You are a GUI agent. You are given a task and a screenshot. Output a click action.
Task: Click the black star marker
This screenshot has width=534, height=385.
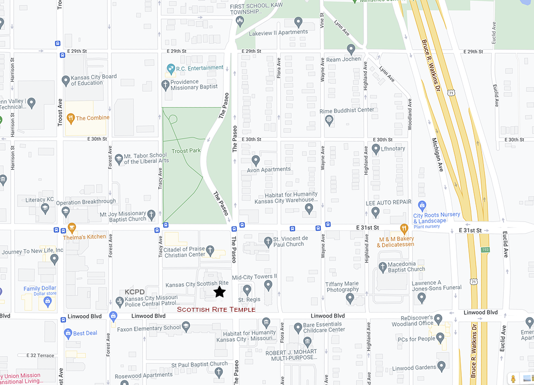[219, 291]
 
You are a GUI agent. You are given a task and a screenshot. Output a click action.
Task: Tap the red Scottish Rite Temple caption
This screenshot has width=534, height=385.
[216, 309]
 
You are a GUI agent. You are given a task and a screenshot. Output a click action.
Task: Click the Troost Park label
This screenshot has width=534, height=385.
[187, 151]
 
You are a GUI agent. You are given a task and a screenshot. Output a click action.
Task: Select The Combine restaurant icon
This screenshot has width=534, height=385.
[70, 117]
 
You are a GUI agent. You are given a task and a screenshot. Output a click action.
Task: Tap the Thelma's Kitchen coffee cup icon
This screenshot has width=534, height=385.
[72, 227]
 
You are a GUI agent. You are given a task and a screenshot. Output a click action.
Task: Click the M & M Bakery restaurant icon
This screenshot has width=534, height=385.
[404, 228]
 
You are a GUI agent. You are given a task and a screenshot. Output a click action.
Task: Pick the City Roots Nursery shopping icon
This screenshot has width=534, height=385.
[422, 206]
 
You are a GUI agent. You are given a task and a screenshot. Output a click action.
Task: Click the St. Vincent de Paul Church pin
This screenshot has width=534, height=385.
[267, 241]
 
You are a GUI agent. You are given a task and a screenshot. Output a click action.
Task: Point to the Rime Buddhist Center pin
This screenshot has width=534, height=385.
[329, 119]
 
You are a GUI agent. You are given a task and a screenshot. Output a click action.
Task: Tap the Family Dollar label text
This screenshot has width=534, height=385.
[40, 289]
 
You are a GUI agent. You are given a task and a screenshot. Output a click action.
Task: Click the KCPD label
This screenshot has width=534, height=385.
[134, 292]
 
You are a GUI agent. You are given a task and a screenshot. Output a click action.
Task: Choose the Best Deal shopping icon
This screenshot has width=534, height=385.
[68, 333]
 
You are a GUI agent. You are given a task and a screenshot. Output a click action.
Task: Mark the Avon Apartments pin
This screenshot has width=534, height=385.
[256, 160]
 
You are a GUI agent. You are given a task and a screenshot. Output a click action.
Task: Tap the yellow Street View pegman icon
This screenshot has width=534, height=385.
[512, 378]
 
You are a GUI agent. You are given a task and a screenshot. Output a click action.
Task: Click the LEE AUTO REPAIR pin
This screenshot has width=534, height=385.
[375, 211]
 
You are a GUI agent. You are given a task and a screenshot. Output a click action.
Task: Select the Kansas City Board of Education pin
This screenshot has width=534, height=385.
[66, 80]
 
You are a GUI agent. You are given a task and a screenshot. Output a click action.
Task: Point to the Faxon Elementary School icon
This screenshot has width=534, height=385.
[185, 328]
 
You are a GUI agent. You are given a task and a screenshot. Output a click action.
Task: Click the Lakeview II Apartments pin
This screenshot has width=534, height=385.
[299, 22]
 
